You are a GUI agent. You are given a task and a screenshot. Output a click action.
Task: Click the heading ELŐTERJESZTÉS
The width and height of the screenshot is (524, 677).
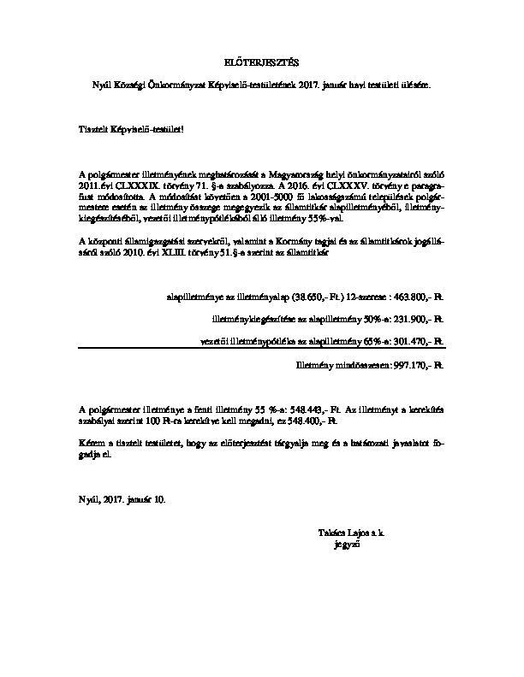click(262, 62)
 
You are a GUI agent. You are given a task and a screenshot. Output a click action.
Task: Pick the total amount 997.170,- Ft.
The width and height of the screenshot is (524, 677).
click(416, 364)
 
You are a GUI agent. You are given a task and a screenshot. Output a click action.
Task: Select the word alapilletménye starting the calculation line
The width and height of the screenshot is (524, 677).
click(192, 298)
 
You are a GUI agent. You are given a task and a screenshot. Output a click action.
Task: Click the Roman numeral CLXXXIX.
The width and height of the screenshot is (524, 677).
click(128, 184)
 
